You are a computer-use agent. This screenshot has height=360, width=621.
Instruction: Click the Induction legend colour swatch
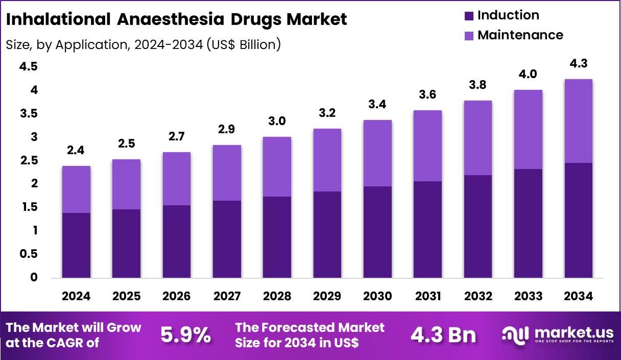tap(469, 16)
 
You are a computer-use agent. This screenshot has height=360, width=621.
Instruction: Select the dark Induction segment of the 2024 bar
tap(76, 245)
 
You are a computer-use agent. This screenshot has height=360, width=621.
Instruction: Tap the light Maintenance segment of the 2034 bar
tap(579, 121)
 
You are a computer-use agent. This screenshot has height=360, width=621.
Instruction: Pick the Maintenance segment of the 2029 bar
tap(327, 160)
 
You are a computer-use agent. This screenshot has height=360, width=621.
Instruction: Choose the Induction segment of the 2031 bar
tap(427, 229)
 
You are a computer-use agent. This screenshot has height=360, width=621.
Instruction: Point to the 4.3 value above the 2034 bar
tap(579, 64)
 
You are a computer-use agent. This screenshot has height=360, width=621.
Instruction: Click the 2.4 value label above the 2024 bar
tap(76, 151)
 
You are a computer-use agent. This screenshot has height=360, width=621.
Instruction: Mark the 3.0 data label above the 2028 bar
tap(277, 122)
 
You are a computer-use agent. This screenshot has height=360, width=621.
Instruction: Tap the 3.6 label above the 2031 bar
tap(427, 95)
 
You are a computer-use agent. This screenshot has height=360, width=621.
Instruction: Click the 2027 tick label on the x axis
tap(227, 297)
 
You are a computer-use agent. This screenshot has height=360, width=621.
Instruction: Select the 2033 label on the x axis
tap(529, 297)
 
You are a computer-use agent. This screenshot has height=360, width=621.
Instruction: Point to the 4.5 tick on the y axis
tap(29, 67)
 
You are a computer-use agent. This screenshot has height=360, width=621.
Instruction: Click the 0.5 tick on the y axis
tap(29, 254)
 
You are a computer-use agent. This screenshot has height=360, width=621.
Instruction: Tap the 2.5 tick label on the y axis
tap(29, 161)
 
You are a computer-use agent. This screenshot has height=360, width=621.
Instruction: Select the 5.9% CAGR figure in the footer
tap(185, 335)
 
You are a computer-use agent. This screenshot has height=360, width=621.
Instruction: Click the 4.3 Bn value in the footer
tap(443, 335)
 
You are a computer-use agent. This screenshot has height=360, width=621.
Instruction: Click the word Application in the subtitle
tap(90, 45)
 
